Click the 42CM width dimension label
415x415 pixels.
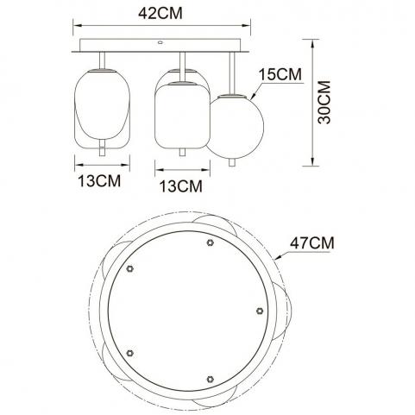point(160,13)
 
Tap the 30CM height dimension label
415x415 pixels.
point(324,103)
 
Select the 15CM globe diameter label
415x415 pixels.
point(280,74)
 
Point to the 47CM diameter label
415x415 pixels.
point(312,243)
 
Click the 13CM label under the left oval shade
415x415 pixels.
point(99,181)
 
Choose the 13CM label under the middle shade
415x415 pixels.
point(181,186)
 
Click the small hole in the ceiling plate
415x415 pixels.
point(160,43)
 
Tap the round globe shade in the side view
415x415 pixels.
point(236,127)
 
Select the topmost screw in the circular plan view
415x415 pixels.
point(211,242)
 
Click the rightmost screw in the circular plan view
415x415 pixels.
point(260,311)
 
